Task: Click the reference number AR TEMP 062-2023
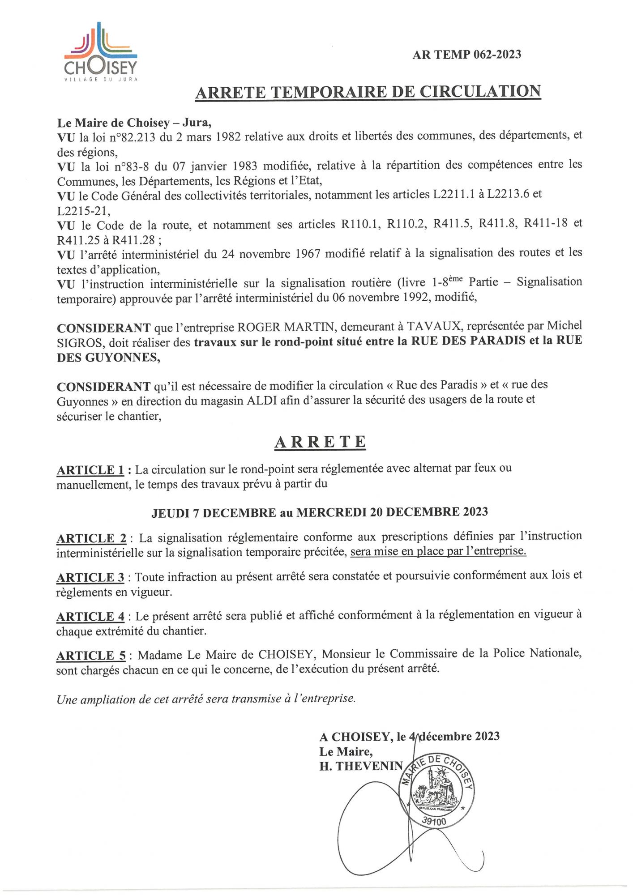point(466,55)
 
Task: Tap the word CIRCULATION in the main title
point(480,92)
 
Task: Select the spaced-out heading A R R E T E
point(320,442)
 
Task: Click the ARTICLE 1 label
point(90,470)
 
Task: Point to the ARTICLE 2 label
point(91,538)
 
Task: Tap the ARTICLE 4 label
point(90,617)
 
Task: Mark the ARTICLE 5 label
point(91,656)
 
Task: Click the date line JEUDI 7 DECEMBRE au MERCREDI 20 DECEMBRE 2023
point(319,512)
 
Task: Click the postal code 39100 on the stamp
point(434,822)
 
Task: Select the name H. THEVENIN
point(361,766)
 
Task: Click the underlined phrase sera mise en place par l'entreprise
point(438,551)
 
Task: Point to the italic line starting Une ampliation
point(206,699)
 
